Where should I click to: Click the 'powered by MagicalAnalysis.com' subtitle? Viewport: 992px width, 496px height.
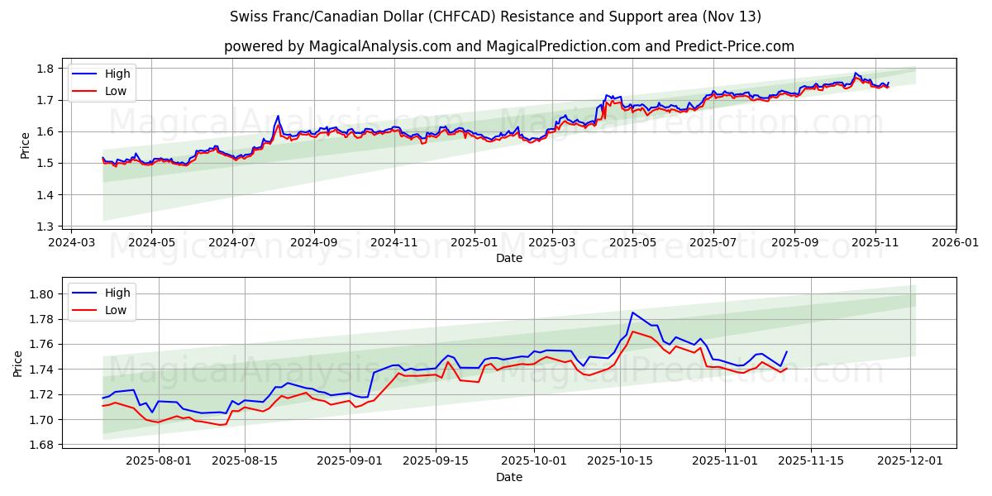[x=508, y=46]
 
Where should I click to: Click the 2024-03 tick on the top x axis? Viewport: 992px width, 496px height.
[x=70, y=242]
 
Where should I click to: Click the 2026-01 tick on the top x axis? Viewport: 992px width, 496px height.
[x=956, y=242]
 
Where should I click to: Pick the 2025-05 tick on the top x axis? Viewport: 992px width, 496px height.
[x=632, y=242]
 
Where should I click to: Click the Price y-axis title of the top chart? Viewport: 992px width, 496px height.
[x=26, y=145]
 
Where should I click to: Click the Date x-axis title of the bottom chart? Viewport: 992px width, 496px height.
[x=508, y=477]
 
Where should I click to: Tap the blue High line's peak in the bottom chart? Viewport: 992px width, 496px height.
[x=632, y=312]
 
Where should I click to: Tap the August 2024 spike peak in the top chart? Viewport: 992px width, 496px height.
[x=278, y=116]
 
